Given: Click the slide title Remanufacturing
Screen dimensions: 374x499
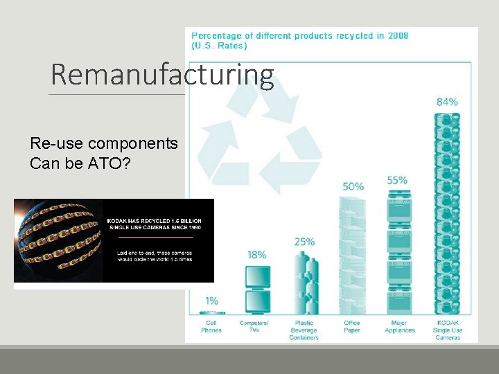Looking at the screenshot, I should (x=162, y=75).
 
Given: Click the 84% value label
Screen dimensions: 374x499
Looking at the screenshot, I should (x=447, y=102).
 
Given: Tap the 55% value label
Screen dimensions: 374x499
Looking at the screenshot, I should (x=397, y=181).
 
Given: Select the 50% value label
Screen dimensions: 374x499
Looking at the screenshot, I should (x=353, y=186).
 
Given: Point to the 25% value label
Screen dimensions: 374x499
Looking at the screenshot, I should (x=304, y=242).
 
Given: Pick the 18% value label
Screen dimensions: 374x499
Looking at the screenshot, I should (x=256, y=255).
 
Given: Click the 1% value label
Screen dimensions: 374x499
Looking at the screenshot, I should (x=211, y=301).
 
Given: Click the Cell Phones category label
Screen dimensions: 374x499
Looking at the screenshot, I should (x=211, y=326).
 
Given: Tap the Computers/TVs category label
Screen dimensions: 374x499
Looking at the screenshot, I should (x=254, y=326).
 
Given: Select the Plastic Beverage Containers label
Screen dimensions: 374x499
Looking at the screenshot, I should (x=304, y=330).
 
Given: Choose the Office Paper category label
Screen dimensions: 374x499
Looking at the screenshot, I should (x=352, y=326).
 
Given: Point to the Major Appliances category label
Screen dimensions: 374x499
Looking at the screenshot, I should (x=399, y=326).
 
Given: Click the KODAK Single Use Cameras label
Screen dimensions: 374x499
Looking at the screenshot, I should (x=448, y=330).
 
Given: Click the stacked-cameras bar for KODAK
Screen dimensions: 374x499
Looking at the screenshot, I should (x=447, y=215).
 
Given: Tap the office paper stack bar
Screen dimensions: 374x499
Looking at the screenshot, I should (x=353, y=256).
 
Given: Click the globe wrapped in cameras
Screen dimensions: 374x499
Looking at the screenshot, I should (x=58, y=240).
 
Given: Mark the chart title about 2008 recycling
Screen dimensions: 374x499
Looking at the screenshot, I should (x=299, y=40).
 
